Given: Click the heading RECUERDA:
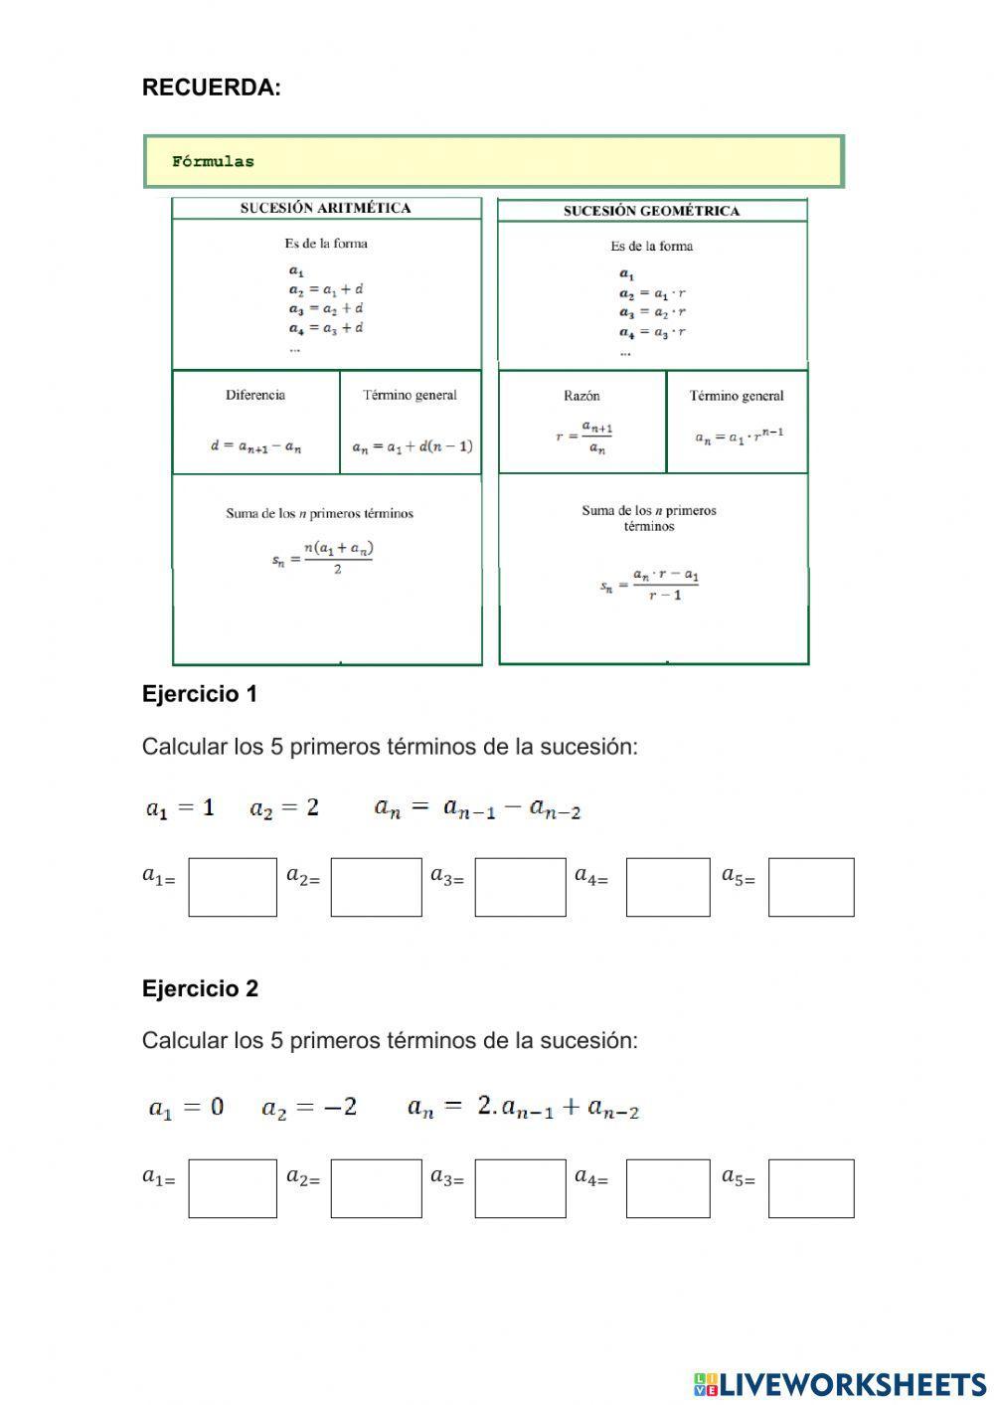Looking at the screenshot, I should point(211,88).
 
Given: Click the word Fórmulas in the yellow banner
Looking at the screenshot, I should point(213,161).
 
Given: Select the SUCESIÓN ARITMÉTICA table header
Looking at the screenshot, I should point(325,208).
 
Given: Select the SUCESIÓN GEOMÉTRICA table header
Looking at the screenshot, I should point(651,211).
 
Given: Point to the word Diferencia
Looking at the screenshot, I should point(255,395).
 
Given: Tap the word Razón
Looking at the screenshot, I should point(581,396).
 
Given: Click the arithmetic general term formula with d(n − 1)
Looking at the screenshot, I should point(412,446).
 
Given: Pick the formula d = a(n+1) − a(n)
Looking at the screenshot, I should point(255,446).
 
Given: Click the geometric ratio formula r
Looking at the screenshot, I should point(584,437).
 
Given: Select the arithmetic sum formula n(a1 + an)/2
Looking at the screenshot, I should point(323,558).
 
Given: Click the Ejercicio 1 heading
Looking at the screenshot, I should point(200,694).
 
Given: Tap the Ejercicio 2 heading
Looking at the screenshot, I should point(200,988).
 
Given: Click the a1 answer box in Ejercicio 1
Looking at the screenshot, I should point(233,887).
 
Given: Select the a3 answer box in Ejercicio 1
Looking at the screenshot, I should point(520,887).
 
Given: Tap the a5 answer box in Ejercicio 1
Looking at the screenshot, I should point(810,887).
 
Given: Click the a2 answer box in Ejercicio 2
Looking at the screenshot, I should point(376,1188).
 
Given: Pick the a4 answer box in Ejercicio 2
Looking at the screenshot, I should point(668,1188).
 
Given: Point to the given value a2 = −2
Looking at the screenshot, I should point(309,1107).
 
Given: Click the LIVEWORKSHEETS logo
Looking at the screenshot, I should point(840,1383).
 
